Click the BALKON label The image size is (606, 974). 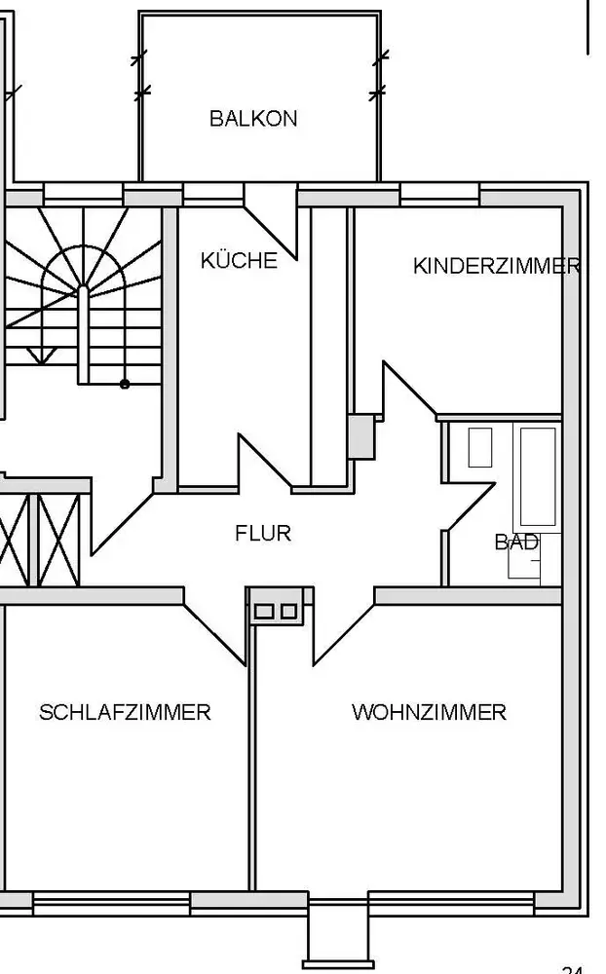(253, 119)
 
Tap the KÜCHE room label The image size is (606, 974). (239, 261)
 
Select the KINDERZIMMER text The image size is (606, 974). (496, 266)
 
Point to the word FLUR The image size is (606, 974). (263, 534)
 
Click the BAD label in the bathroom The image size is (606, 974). (516, 543)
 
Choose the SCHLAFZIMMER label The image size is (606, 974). (125, 712)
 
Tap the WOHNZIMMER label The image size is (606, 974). (429, 712)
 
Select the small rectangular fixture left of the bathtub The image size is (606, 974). (480, 447)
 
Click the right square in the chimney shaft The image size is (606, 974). (288, 612)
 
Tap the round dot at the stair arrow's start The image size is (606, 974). (125, 384)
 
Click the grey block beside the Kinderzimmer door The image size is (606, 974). (361, 436)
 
